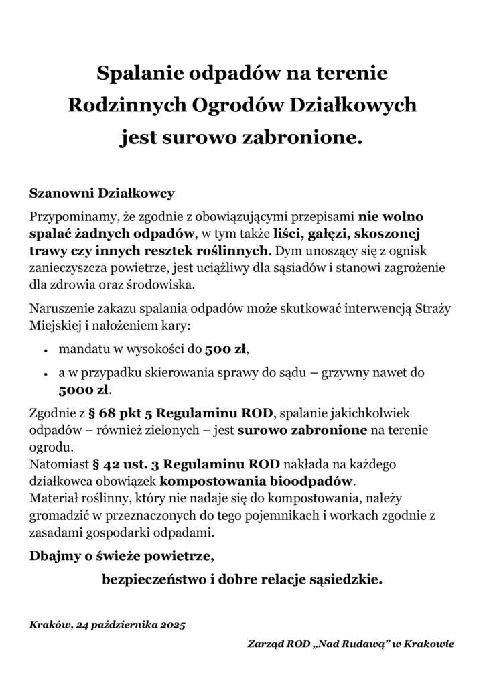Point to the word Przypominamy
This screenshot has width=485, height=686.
74,217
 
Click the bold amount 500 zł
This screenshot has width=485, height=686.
226,348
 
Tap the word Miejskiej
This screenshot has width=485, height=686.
58,327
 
